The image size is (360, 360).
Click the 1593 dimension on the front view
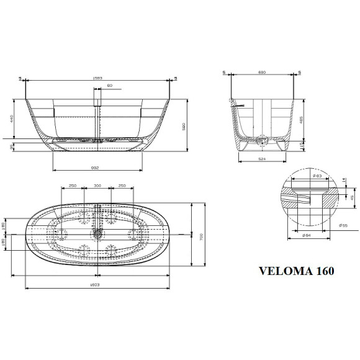coord(97,78)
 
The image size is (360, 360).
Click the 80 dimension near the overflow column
coord(110,85)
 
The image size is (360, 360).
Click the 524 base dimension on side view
coord(263,160)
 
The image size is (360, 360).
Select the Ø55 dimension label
coord(343,225)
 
